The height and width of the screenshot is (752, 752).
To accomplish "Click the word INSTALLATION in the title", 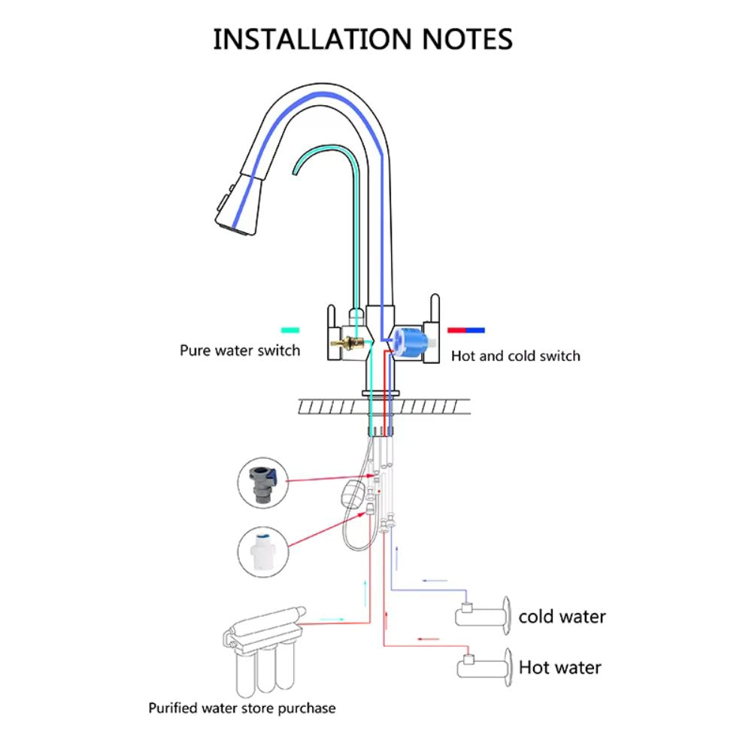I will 314,39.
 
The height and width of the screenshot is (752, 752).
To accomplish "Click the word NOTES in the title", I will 467,39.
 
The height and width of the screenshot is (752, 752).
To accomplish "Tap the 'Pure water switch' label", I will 239,350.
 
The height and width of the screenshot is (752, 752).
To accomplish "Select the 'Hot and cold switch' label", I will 516,356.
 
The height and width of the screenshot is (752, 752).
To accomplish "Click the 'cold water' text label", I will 562,617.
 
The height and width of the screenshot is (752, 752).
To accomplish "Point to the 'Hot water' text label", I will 560,667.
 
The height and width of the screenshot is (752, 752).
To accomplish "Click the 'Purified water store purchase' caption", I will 241,708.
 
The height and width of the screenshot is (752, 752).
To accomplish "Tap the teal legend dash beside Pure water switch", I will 290,330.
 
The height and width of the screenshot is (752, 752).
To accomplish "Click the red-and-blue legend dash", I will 466,330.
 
